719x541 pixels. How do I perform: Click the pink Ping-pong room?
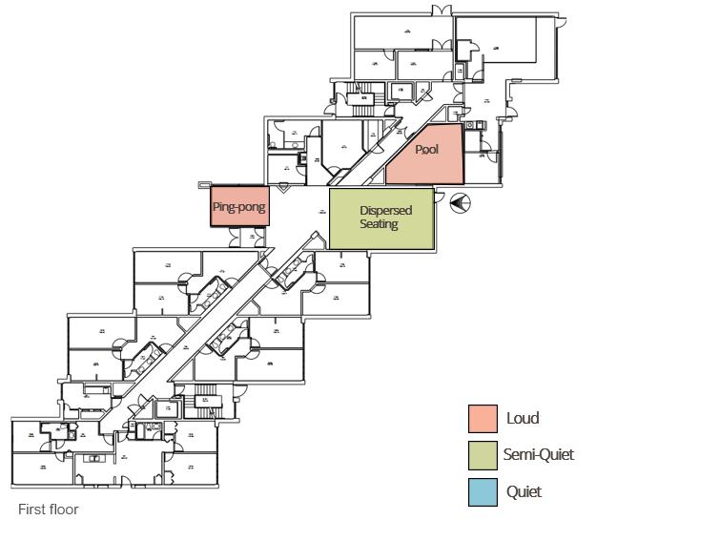click(x=239, y=206)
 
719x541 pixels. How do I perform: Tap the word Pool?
click(x=427, y=150)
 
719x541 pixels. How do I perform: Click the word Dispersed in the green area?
click(x=385, y=211)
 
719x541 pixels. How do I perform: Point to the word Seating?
click(x=379, y=224)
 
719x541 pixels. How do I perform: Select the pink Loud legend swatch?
click(x=483, y=419)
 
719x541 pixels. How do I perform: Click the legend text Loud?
click(x=523, y=418)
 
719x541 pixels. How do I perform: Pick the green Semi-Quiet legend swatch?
click(x=483, y=455)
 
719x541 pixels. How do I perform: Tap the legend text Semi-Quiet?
click(x=540, y=455)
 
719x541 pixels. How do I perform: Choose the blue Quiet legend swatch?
click(x=483, y=491)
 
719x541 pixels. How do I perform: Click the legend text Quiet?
click(x=524, y=491)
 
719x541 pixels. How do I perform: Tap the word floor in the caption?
click(x=63, y=510)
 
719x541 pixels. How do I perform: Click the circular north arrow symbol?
click(x=459, y=201)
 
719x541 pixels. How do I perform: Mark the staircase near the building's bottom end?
click(x=206, y=394)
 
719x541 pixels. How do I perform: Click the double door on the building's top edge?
click(x=441, y=10)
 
